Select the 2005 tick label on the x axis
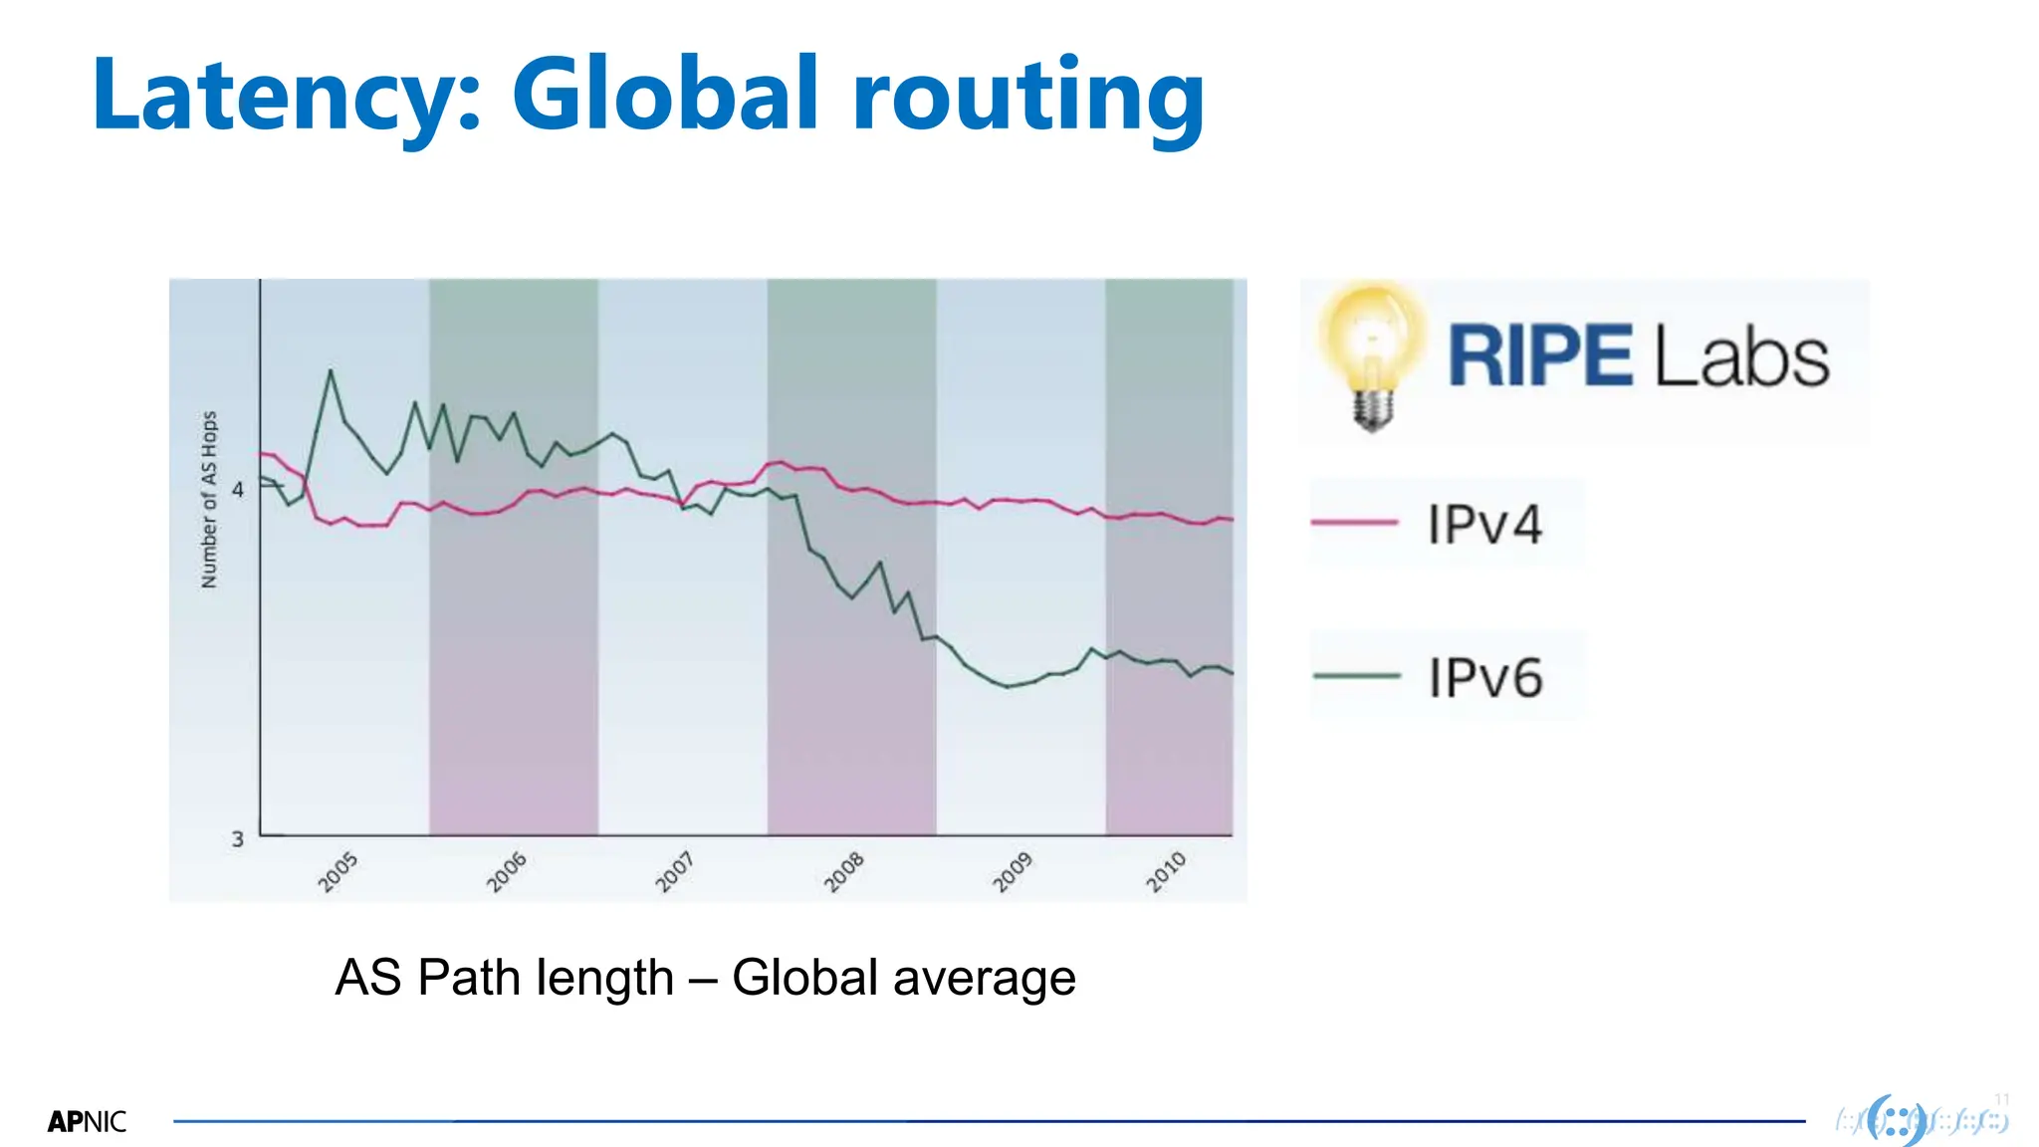click(338, 871)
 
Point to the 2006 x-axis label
click(506, 871)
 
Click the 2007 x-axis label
click(674, 871)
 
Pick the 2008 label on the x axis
click(843, 871)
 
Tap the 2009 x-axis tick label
click(1013, 871)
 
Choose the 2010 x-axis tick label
click(1165, 871)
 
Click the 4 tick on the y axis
click(237, 489)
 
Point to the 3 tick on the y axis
click(237, 838)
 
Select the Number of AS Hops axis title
click(209, 500)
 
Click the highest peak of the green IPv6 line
click(331, 371)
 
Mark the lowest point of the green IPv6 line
click(1008, 686)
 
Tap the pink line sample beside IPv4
click(1355, 522)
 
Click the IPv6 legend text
click(1484, 678)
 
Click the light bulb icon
click(1373, 354)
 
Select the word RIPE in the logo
click(1539, 356)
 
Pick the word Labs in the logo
click(1742, 356)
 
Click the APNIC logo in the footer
click(87, 1122)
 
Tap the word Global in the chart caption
click(804, 977)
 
